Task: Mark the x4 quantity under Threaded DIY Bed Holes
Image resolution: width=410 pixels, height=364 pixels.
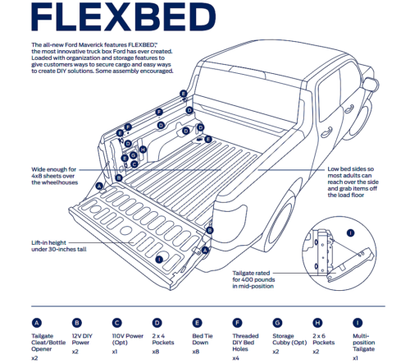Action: tap(237, 358)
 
